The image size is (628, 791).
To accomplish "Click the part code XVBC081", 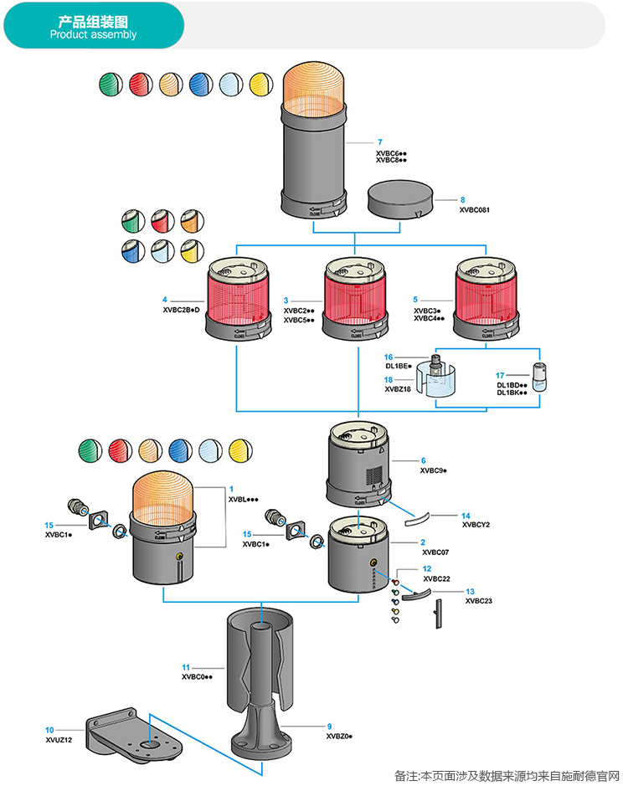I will (x=474, y=210).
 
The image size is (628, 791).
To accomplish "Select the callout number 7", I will (x=379, y=142).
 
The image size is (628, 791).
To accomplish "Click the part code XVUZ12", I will (x=59, y=741).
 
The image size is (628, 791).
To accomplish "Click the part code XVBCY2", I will (x=476, y=525).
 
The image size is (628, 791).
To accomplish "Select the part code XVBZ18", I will (x=399, y=389).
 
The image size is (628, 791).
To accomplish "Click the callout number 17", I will (x=500, y=375).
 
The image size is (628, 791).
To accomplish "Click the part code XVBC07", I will (x=435, y=552).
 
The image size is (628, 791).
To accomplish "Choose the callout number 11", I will (x=187, y=666).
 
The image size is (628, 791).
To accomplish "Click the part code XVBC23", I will (x=479, y=601).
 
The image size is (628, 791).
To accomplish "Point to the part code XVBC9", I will (x=433, y=471).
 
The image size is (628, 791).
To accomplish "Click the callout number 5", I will (x=416, y=299).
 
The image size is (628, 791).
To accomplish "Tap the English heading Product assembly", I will (x=93, y=35).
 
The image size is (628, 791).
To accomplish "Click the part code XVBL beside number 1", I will (x=243, y=499).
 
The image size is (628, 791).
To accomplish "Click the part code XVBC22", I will (x=436, y=578).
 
